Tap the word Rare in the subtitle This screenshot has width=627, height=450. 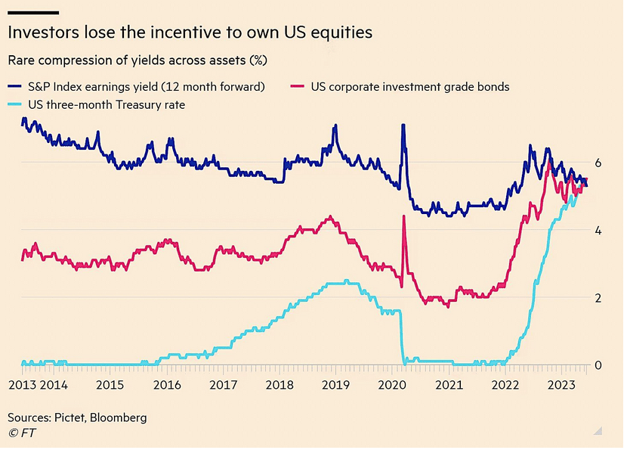(22, 59)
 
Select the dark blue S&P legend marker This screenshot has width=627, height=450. (15, 86)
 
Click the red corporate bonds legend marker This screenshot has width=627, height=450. (298, 86)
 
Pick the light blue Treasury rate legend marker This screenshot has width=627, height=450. (15, 104)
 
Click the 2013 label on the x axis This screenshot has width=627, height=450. (22, 384)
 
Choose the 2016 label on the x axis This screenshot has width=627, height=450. (166, 384)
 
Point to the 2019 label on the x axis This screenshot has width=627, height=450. (335, 384)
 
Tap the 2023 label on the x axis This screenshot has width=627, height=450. (560, 384)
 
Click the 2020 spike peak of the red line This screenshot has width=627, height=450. (404, 216)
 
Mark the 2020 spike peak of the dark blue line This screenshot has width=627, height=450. (403, 125)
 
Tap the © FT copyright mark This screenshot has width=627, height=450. (22, 433)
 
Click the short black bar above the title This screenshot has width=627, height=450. (33, 12)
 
